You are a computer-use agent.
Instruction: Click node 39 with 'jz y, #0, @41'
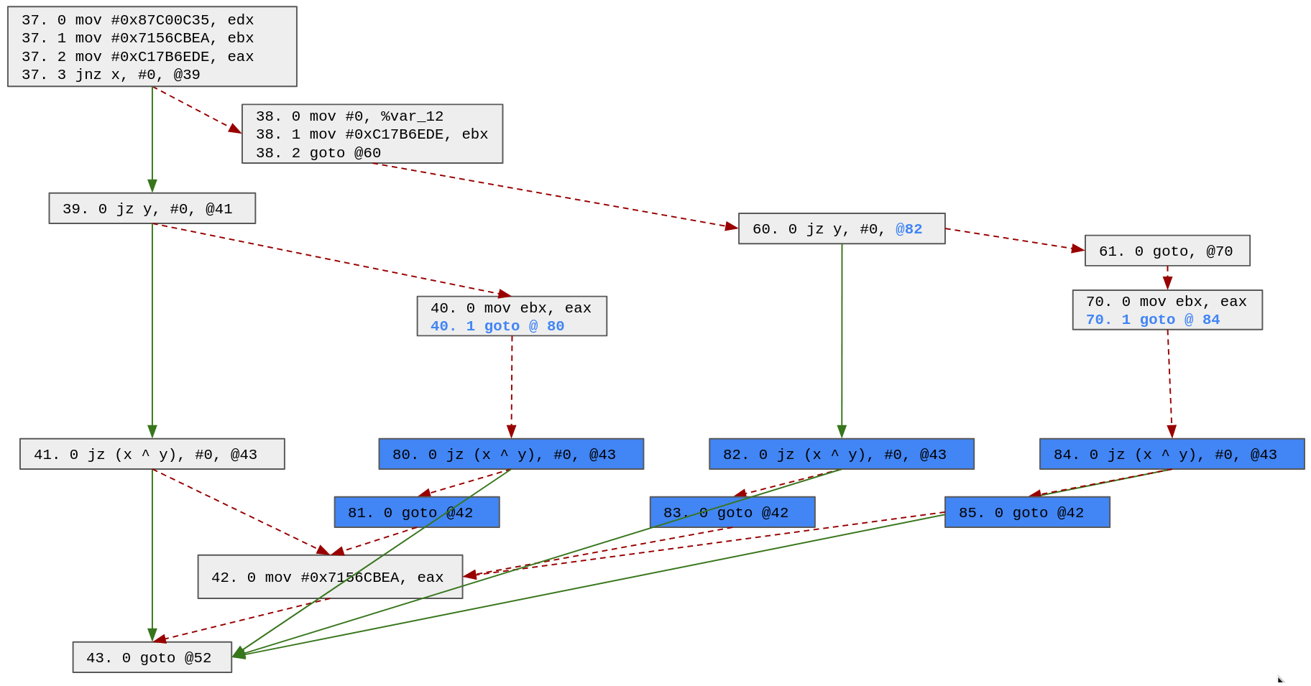pyautogui.click(x=152, y=208)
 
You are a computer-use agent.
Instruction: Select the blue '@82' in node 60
pyautogui.click(x=908, y=229)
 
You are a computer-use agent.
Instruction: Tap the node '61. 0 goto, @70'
pyautogui.click(x=1167, y=251)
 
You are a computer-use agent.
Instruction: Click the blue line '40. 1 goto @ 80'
pyautogui.click(x=497, y=326)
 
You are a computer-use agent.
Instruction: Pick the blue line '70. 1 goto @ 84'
pyautogui.click(x=1153, y=320)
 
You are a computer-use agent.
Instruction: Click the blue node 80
pyautogui.click(x=510, y=454)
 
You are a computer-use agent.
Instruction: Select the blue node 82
pyautogui.click(x=841, y=454)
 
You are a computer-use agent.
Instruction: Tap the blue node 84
pyautogui.click(x=1171, y=454)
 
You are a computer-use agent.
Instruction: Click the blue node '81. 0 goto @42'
pyautogui.click(x=416, y=512)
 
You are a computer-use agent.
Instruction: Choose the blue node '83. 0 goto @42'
pyautogui.click(x=732, y=512)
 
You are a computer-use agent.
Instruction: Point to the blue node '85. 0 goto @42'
pyautogui.click(x=1026, y=512)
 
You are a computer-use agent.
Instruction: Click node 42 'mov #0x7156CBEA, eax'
pyautogui.click(x=330, y=577)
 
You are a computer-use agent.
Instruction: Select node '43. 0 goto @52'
pyautogui.click(x=152, y=657)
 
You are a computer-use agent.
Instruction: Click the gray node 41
pyautogui.click(x=152, y=454)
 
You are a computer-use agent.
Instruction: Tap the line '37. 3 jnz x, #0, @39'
pyautogui.click(x=111, y=75)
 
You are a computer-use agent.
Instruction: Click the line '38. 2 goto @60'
pyautogui.click(x=318, y=153)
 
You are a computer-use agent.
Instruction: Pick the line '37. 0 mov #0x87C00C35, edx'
pyautogui.click(x=137, y=20)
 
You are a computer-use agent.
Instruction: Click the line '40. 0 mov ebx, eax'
pyautogui.click(x=510, y=308)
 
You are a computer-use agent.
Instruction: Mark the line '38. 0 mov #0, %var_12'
pyautogui.click(x=349, y=116)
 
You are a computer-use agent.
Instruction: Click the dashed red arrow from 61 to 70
pyautogui.click(x=1167, y=278)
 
